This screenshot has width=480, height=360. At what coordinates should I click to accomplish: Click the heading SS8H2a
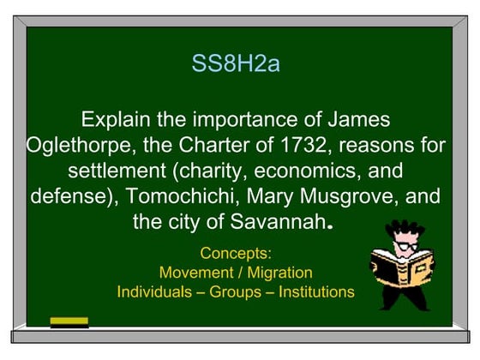236,65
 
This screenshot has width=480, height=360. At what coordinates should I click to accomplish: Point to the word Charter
197,145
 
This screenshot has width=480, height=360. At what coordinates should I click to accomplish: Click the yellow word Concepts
235,254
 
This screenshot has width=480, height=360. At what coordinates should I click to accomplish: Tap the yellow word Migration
277,273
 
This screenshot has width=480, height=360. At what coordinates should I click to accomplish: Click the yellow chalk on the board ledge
69,322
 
